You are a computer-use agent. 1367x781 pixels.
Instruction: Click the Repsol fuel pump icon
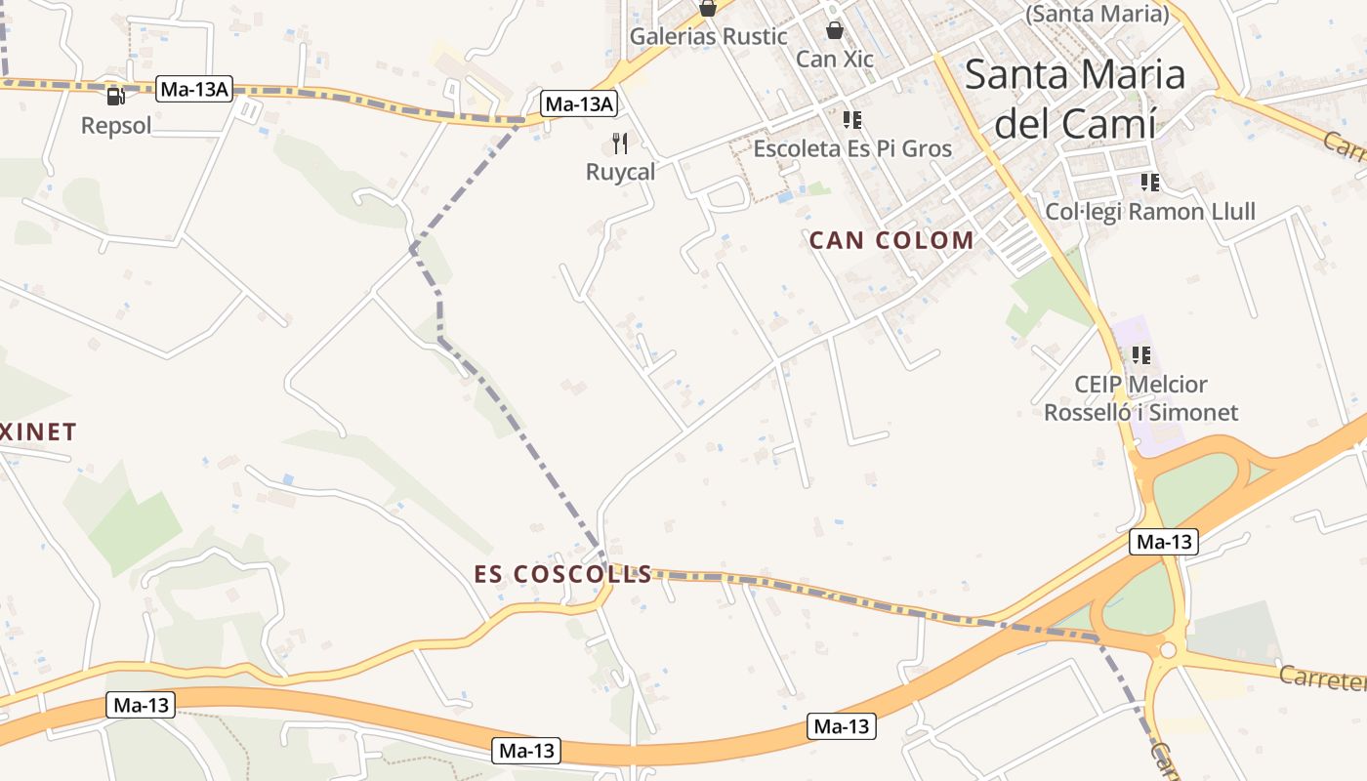click(x=115, y=96)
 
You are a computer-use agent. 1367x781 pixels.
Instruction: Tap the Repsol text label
click(x=116, y=126)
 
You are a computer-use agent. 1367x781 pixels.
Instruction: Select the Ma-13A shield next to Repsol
click(x=194, y=90)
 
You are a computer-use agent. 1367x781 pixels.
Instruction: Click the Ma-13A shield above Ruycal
click(x=580, y=103)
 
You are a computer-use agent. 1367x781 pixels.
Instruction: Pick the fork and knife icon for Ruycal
click(x=620, y=144)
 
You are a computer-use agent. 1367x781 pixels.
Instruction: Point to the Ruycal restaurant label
click(x=620, y=172)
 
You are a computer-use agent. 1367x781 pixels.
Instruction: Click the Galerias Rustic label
click(x=708, y=37)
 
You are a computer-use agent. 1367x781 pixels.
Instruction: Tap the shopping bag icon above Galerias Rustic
click(x=708, y=9)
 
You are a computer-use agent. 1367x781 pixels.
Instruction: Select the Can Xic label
click(x=835, y=59)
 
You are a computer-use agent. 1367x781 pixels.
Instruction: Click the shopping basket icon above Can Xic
click(x=834, y=30)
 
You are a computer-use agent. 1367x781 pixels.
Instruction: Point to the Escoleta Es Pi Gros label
click(x=852, y=148)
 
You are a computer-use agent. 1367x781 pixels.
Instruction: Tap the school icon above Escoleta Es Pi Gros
click(x=852, y=120)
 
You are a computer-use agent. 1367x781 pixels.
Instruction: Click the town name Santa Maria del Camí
click(x=1075, y=99)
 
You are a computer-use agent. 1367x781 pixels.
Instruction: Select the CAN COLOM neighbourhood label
click(x=891, y=240)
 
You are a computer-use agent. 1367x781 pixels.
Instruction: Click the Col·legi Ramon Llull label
click(x=1150, y=211)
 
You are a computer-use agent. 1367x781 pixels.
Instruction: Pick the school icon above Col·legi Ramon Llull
click(x=1149, y=182)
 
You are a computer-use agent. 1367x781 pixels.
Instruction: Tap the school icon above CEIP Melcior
click(x=1140, y=355)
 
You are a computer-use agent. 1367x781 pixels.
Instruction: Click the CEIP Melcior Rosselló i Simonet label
click(x=1140, y=398)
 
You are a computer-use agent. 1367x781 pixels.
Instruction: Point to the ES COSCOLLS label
click(x=563, y=574)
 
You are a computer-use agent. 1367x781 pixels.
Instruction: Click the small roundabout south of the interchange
click(x=1169, y=650)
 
